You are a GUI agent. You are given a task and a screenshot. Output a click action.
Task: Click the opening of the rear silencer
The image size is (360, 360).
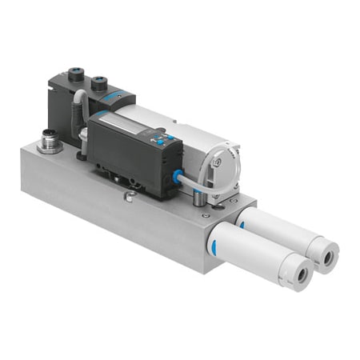(328, 256)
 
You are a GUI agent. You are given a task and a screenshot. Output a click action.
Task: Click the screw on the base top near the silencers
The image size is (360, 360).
(203, 214)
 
